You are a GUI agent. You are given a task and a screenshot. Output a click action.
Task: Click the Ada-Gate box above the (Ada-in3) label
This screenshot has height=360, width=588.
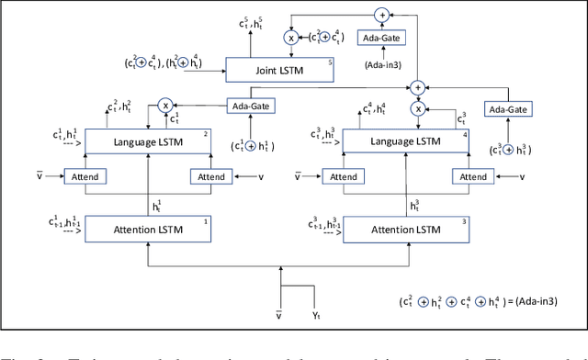[381, 42]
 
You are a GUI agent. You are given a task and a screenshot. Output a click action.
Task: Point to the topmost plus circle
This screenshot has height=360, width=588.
[381, 14]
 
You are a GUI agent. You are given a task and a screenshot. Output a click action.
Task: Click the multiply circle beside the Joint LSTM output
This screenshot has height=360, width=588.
[293, 39]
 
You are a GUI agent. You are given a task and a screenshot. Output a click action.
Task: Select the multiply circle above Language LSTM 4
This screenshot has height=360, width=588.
[419, 108]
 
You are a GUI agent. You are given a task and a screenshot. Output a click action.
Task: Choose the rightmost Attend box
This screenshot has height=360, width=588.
[472, 176]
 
